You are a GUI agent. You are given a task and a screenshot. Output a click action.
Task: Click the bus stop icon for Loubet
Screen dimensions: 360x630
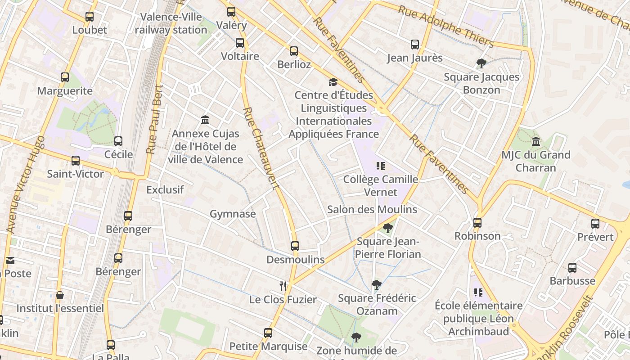coord(90,17)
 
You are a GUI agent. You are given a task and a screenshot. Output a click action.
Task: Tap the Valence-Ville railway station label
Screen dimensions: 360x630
coord(171,23)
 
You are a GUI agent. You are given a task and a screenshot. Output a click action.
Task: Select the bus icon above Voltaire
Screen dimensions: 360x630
coord(240,43)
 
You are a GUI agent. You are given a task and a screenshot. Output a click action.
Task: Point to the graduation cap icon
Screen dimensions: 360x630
coord(333,82)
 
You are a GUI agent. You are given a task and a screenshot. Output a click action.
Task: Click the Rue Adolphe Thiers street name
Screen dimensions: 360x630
coord(446,27)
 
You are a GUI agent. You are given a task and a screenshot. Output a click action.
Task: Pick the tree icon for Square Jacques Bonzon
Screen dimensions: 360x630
coord(481,63)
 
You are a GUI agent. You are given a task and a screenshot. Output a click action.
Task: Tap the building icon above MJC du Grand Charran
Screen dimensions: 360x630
coord(535,142)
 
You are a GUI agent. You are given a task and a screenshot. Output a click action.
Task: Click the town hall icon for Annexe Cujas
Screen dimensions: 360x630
coord(206,120)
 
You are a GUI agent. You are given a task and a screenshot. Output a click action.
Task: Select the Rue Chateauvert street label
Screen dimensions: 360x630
coord(261,148)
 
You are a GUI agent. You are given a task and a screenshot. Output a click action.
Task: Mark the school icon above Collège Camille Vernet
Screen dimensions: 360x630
coord(381,166)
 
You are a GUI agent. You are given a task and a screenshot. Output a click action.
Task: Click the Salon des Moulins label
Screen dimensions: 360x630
coord(372,209)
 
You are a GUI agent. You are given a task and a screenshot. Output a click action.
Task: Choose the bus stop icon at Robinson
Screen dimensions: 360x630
coord(477,222)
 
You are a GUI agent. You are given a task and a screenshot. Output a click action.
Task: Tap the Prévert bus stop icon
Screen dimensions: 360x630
coord(595,223)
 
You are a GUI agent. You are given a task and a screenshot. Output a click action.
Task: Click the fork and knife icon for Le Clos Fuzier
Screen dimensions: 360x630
coord(283,286)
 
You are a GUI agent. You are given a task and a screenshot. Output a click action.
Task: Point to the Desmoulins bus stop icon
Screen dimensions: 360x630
coord(295,246)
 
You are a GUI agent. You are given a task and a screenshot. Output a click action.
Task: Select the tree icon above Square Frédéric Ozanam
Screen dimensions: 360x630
coord(377,284)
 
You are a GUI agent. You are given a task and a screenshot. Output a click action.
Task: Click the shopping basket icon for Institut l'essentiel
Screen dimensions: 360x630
coord(60,295)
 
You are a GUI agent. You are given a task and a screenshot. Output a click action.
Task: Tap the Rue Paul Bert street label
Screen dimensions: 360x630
coord(154,120)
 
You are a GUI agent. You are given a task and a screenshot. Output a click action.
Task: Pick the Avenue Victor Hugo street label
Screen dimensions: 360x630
coord(26,184)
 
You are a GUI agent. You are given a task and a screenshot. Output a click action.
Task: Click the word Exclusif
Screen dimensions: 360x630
coord(165,189)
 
